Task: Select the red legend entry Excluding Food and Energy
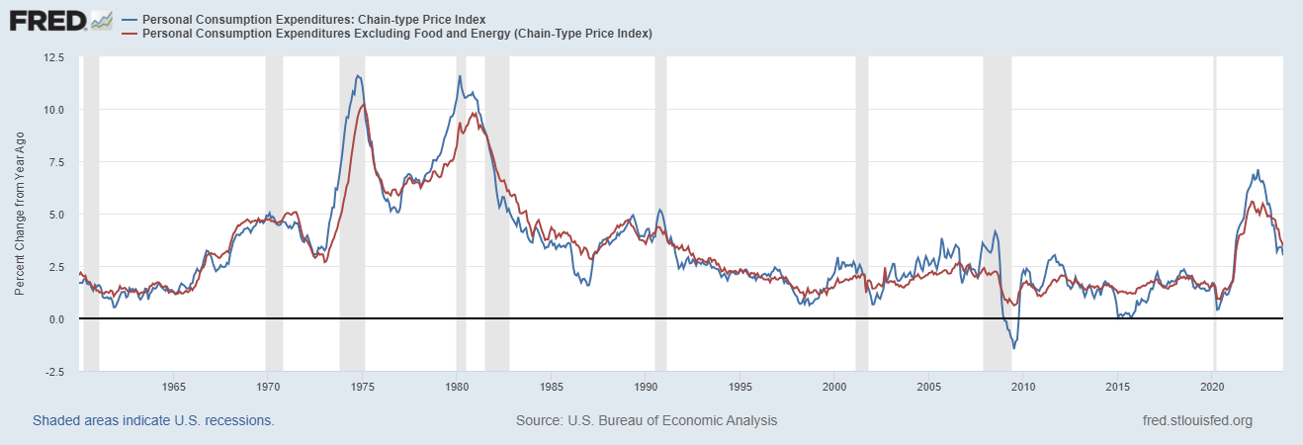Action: [x=396, y=34]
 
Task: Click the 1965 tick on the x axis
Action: [x=173, y=386]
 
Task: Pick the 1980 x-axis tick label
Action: [x=457, y=386]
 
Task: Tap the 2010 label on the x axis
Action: [x=1023, y=386]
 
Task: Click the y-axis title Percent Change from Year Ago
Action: [x=21, y=215]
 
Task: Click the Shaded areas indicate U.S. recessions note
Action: [x=153, y=420]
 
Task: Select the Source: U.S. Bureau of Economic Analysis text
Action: [x=647, y=420]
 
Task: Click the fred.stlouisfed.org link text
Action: [x=1196, y=420]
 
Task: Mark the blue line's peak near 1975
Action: [x=357, y=76]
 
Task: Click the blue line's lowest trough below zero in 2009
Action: [x=1013, y=348]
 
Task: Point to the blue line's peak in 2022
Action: [x=1257, y=170]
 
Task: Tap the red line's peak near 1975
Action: [x=364, y=104]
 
